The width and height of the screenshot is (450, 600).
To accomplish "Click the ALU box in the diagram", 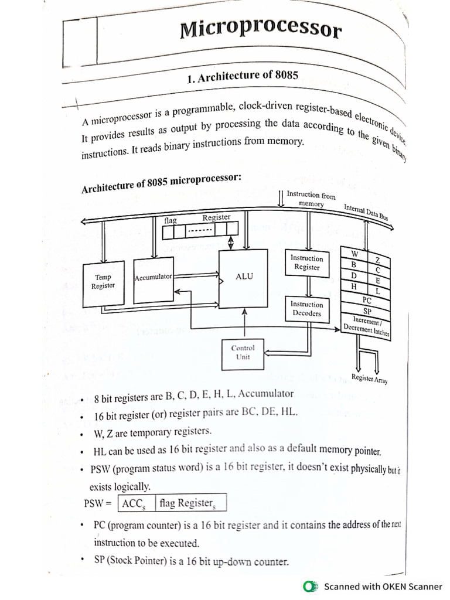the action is tap(243, 277).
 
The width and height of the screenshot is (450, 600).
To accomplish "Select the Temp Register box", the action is tap(103, 283).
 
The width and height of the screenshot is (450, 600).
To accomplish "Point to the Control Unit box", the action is tap(243, 353).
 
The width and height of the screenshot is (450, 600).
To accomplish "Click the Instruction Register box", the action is tap(306, 262).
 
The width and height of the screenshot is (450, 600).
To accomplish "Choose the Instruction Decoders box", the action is tap(306, 309).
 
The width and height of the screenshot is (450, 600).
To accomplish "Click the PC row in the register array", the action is tap(367, 301).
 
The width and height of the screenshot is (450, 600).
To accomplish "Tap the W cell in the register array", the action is tap(354, 253).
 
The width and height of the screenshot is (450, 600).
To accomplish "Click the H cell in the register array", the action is tap(353, 286).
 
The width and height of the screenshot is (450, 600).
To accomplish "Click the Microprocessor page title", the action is tap(260, 29).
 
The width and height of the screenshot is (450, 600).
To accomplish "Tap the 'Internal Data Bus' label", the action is tap(366, 212).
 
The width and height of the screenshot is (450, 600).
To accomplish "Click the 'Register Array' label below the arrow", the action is tap(369, 379).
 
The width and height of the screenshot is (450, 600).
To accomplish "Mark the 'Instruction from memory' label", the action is tap(311, 199).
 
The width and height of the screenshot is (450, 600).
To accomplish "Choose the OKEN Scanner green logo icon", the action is tap(309, 587).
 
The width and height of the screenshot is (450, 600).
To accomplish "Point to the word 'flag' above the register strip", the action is tap(171, 221).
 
